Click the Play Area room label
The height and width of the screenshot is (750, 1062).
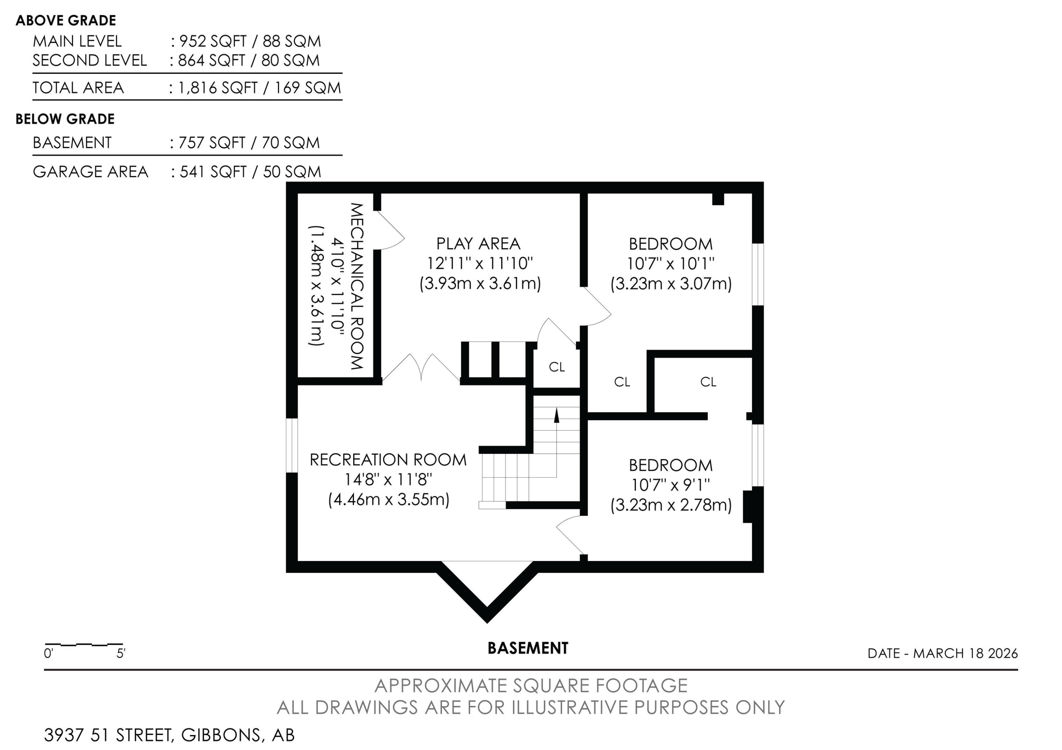[478, 244]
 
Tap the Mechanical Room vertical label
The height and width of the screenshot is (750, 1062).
[356, 286]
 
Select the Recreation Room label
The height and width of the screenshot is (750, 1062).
[388, 460]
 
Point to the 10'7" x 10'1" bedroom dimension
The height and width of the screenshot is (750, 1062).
[671, 264]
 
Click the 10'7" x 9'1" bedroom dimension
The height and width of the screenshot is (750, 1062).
[671, 485]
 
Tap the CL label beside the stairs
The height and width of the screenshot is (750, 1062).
[557, 367]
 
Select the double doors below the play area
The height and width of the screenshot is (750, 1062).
[421, 368]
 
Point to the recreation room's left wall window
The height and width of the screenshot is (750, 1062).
[292, 446]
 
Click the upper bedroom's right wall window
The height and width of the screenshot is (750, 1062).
[758, 274]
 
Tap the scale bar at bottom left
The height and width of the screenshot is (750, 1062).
[84, 644]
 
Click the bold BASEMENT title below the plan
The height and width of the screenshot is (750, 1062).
[528, 648]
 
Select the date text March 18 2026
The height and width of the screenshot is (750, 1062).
[965, 653]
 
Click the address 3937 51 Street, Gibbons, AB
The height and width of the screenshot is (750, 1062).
[169, 735]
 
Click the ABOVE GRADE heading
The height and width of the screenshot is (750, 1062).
[66, 20]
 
